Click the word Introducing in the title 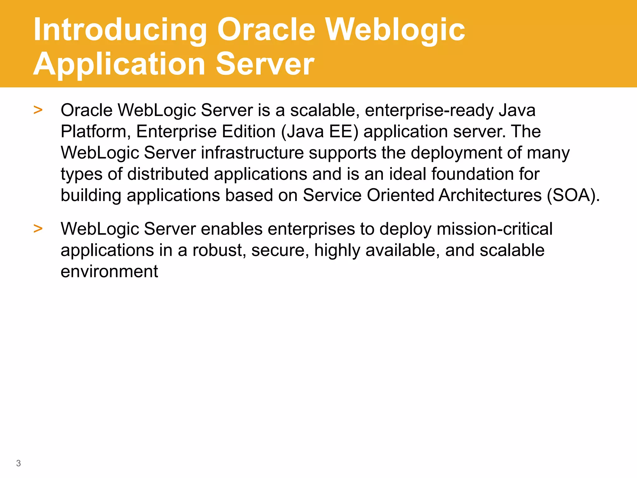click(120, 30)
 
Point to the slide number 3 click(18, 463)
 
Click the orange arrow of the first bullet click(38, 110)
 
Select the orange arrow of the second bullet click(38, 228)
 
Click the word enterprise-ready click(429, 111)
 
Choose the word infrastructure click(252, 153)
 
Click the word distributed click(168, 174)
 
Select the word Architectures click(490, 195)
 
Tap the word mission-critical click(494, 229)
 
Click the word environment click(109, 271)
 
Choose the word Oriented click(400, 195)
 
